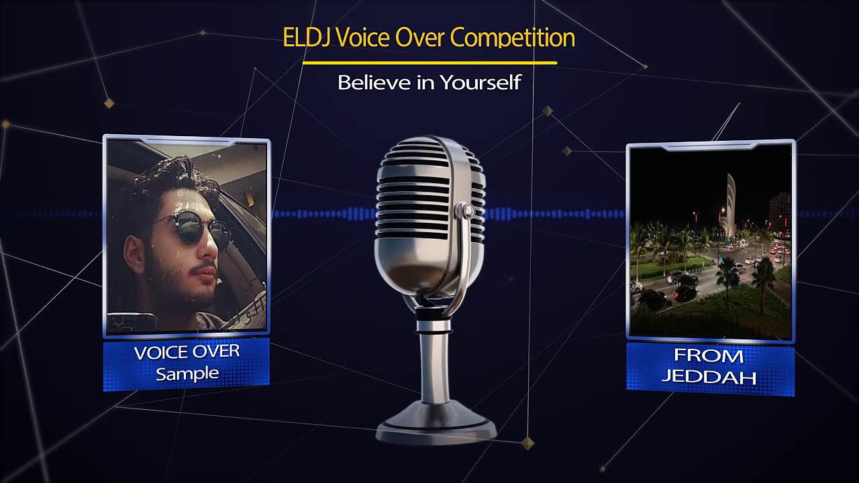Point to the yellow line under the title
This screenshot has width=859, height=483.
429,63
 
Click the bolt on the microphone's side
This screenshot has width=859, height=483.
466,212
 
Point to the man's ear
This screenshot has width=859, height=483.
135,252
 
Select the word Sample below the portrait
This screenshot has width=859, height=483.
187,374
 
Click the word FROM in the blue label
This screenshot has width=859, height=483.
709,356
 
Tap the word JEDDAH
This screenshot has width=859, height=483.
709,376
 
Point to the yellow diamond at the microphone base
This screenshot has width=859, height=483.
528,443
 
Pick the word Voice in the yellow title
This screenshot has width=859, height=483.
367,38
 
